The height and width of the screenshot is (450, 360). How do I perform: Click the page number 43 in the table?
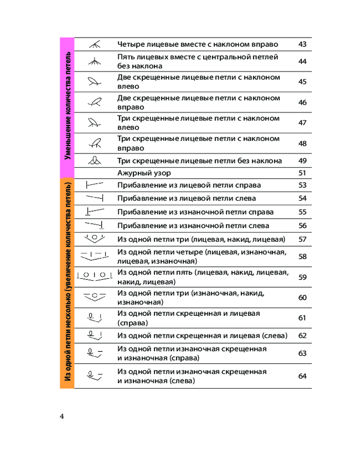tap(302, 44)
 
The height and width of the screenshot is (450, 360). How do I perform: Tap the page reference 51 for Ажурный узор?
tap(302, 173)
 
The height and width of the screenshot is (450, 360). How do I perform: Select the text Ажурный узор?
tap(144, 173)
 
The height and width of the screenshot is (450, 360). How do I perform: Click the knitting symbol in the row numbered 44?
tap(94, 61)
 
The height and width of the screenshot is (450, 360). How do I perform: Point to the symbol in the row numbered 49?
tap(94, 160)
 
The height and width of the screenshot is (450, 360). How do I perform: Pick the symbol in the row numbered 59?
tap(94, 276)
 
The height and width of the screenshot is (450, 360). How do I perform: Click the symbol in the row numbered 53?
tap(94, 184)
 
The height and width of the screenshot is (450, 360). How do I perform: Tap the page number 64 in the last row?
tap(302, 376)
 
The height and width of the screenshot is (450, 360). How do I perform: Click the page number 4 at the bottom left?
tap(62, 416)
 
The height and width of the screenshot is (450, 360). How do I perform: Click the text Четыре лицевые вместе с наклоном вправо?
tap(198, 44)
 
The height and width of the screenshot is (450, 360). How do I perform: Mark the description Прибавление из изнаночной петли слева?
tap(193, 225)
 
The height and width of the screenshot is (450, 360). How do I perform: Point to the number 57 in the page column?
tap(302, 239)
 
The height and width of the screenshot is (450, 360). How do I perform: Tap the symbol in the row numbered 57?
tap(94, 238)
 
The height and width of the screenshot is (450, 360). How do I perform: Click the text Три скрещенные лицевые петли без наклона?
tap(199, 161)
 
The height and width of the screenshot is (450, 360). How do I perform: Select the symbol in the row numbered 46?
tap(94, 103)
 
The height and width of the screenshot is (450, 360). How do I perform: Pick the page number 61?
tap(302, 318)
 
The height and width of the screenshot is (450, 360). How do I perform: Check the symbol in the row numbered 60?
tap(94, 297)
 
